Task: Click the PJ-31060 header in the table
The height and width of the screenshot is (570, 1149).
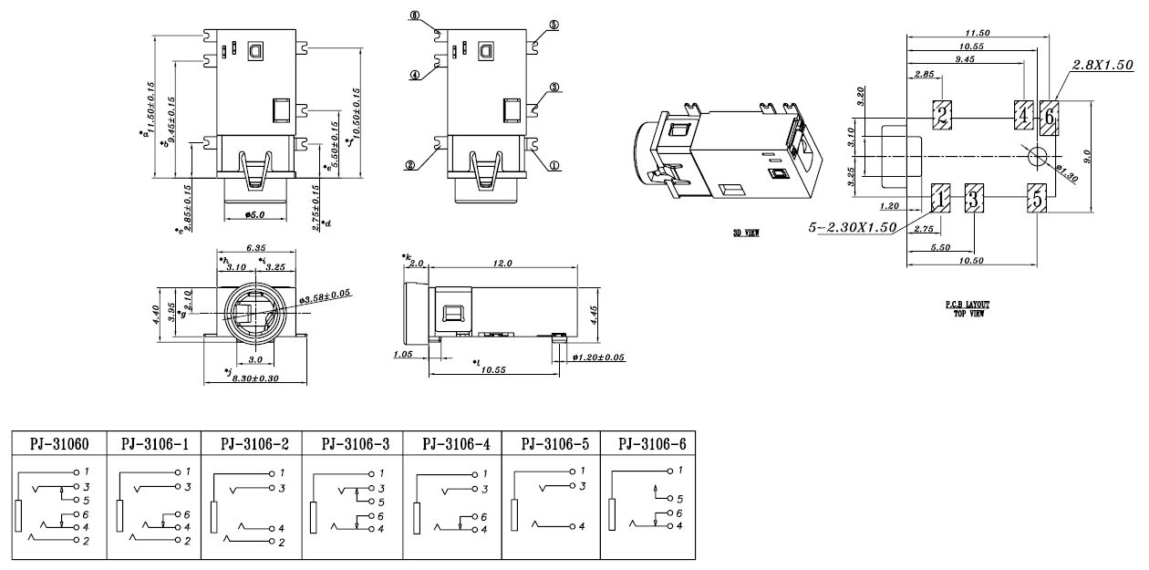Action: [x=60, y=444]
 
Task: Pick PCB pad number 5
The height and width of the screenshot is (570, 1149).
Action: [x=1037, y=197]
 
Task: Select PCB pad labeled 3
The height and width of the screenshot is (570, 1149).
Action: [x=975, y=197]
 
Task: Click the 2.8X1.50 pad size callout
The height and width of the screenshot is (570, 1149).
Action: [x=1102, y=65]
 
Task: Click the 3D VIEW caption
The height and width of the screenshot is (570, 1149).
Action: [x=746, y=233]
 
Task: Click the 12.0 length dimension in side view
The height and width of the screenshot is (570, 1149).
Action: [x=502, y=262]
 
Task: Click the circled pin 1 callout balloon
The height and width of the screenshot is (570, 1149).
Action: [x=554, y=166]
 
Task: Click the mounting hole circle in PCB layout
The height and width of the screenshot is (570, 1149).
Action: [x=1037, y=156]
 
